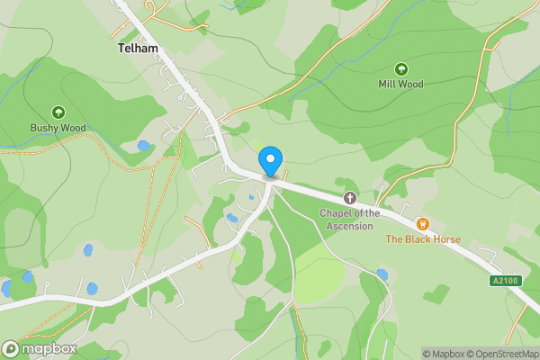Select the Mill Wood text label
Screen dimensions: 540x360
[x=400, y=84]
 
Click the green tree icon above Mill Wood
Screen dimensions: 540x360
[x=400, y=68]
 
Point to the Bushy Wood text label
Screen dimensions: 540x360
[x=58, y=128]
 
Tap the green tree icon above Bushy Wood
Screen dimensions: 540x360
[x=58, y=112]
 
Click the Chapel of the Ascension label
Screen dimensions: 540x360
[x=350, y=220]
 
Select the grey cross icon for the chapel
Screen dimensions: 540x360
[x=350, y=197]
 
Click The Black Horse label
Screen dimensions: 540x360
[x=423, y=239]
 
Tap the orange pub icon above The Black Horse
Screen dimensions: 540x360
[x=422, y=223]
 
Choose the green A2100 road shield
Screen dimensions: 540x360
[x=505, y=281]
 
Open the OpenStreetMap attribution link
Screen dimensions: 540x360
[x=499, y=354]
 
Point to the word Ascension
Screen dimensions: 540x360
[x=350, y=226]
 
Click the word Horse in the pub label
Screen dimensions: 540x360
[x=445, y=239]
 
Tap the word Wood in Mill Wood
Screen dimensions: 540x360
[x=410, y=84]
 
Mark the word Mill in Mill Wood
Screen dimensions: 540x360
[x=387, y=84]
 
